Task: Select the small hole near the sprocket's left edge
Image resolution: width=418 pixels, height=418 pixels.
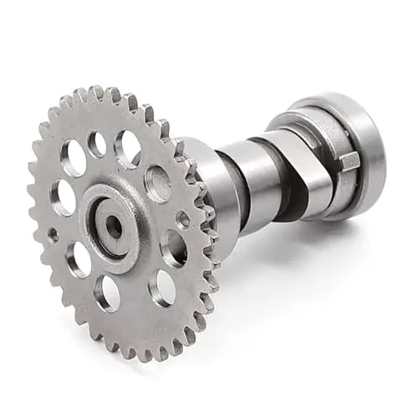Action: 54,235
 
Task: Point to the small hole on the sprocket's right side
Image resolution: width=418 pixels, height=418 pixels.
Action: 183,220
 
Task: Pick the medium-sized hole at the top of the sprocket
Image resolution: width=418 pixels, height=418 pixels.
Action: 98,144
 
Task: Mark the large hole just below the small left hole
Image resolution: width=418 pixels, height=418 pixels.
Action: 79,259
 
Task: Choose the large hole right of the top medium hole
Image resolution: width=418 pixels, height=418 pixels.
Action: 127,148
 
